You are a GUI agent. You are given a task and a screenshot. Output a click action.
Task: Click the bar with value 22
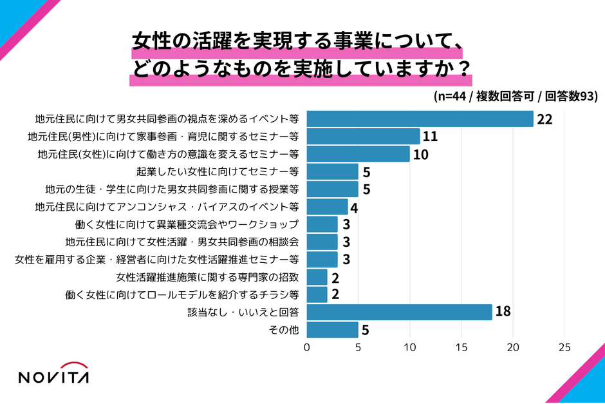pos(420,119)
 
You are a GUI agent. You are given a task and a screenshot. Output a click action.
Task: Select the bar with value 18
pos(399,313)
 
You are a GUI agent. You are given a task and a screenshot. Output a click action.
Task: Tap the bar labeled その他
pos(332,330)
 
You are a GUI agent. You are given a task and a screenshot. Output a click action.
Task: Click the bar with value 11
pos(363,137)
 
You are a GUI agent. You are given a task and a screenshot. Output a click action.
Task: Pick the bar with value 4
pos(327,207)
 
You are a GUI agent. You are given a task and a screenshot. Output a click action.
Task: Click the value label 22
pos(545,120)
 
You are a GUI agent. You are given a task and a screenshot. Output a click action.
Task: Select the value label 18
pos(503,313)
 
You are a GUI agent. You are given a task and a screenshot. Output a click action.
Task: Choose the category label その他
pos(284,330)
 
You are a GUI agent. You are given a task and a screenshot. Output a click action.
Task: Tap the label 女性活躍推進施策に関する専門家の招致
pos(207,277)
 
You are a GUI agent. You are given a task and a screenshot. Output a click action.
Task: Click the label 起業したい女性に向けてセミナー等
pos(218,172)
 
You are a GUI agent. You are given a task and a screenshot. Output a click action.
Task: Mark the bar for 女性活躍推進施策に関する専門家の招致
pos(317,277)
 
